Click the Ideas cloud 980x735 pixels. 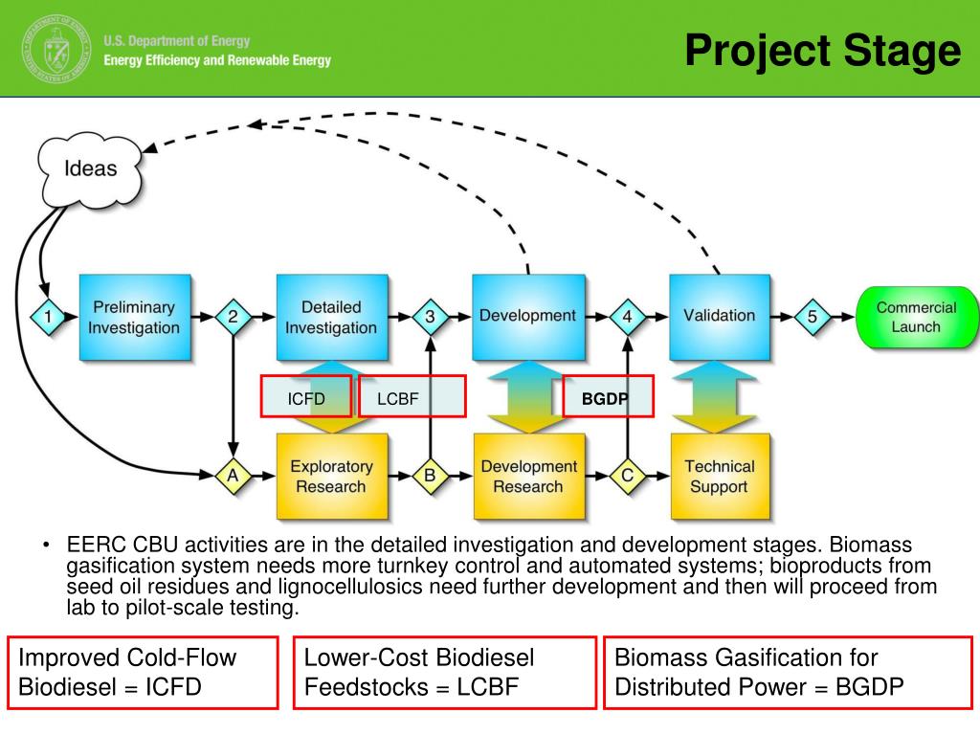pyautogui.click(x=91, y=168)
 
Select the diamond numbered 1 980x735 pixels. pyautogui.click(x=48, y=317)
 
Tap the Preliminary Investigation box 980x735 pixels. pyautogui.click(x=134, y=317)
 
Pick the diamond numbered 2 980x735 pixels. pyautogui.click(x=234, y=317)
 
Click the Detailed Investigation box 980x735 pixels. pyautogui.click(x=332, y=317)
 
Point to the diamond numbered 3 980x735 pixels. pyautogui.click(x=430, y=317)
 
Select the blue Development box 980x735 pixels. pyautogui.click(x=528, y=317)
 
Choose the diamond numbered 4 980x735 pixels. pyautogui.click(x=628, y=317)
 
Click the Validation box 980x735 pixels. pyautogui.click(x=720, y=317)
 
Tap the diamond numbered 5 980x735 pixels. pyautogui.click(x=813, y=317)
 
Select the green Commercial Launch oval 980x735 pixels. pyautogui.click(x=916, y=317)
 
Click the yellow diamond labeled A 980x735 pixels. pyautogui.click(x=234, y=477)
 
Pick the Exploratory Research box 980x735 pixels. pyautogui.click(x=332, y=477)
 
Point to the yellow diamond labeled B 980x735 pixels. pyautogui.click(x=430, y=477)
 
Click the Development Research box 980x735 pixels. pyautogui.click(x=529, y=477)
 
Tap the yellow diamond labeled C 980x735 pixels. pyautogui.click(x=628, y=477)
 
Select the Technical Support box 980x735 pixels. pyautogui.click(x=720, y=477)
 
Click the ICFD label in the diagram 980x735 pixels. pyautogui.click(x=306, y=399)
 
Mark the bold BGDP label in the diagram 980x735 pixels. pyautogui.click(x=605, y=399)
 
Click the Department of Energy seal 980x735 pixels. pyautogui.click(x=56, y=50)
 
